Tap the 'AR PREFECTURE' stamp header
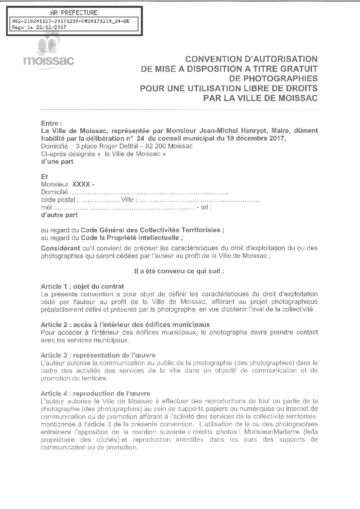click(x=73, y=13)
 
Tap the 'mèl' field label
click(x=46, y=207)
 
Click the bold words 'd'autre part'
click(x=59, y=215)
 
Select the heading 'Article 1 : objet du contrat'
click(x=82, y=286)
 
